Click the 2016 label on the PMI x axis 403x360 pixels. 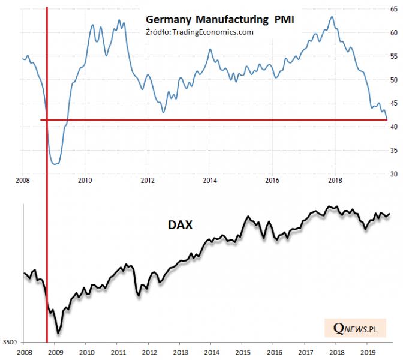tap(272, 179)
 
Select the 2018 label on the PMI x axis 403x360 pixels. tap(335, 179)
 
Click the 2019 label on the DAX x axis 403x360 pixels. tap(368, 353)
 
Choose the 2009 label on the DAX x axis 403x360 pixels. tap(55, 353)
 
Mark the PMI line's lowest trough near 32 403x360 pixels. tap(55, 164)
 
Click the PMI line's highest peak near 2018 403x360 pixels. tap(332, 17)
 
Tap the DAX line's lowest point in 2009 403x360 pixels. tap(58, 333)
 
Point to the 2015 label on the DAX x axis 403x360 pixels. tap(242, 353)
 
